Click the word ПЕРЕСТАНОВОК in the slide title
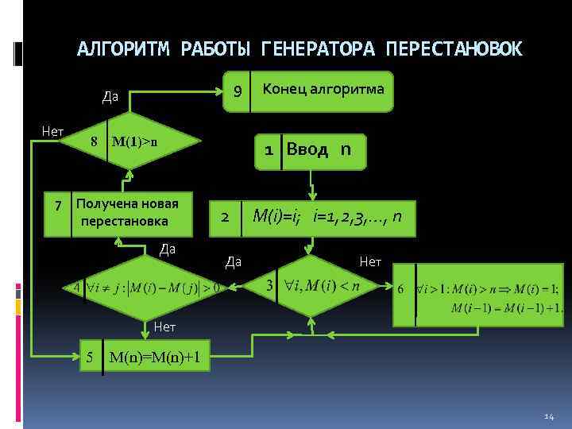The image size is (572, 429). [x=454, y=49]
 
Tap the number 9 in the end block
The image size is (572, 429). [x=236, y=92]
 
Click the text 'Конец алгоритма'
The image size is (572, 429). [x=323, y=88]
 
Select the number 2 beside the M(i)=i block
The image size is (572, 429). [x=226, y=216]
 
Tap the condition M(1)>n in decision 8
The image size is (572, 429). [x=135, y=143]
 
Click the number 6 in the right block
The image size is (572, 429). [x=401, y=288]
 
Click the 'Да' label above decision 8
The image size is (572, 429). [x=110, y=97]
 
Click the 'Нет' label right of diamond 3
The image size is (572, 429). [x=370, y=261]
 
